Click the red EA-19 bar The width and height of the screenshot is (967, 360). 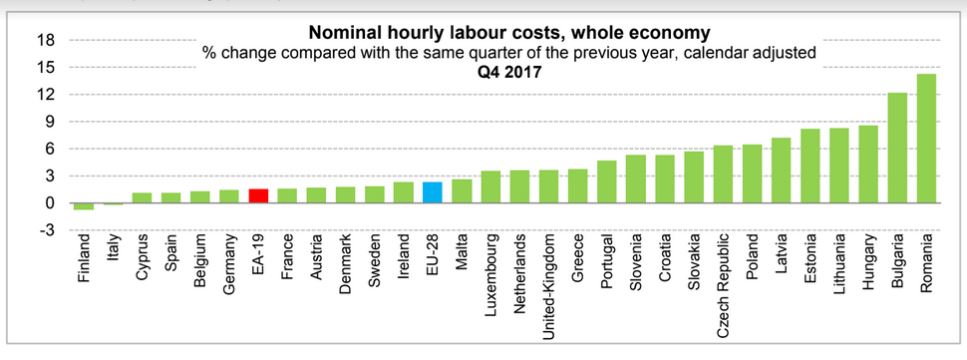[x=258, y=196]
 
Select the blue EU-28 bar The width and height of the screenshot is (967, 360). [x=433, y=192]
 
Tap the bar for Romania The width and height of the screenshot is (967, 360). [x=926, y=139]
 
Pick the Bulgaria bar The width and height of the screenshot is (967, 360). [x=897, y=148]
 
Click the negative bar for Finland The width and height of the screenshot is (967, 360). [x=84, y=206]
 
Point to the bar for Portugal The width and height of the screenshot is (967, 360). [x=607, y=181]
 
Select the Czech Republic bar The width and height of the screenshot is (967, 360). [x=723, y=175]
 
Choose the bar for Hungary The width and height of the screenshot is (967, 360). [x=867, y=165]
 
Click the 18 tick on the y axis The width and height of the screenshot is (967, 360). [x=46, y=40]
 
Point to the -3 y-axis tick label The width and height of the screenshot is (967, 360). [x=46, y=230]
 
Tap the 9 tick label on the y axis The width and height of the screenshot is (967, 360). [x=50, y=122]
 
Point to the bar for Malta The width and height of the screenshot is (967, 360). [x=462, y=191]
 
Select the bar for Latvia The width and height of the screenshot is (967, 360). [x=781, y=171]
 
